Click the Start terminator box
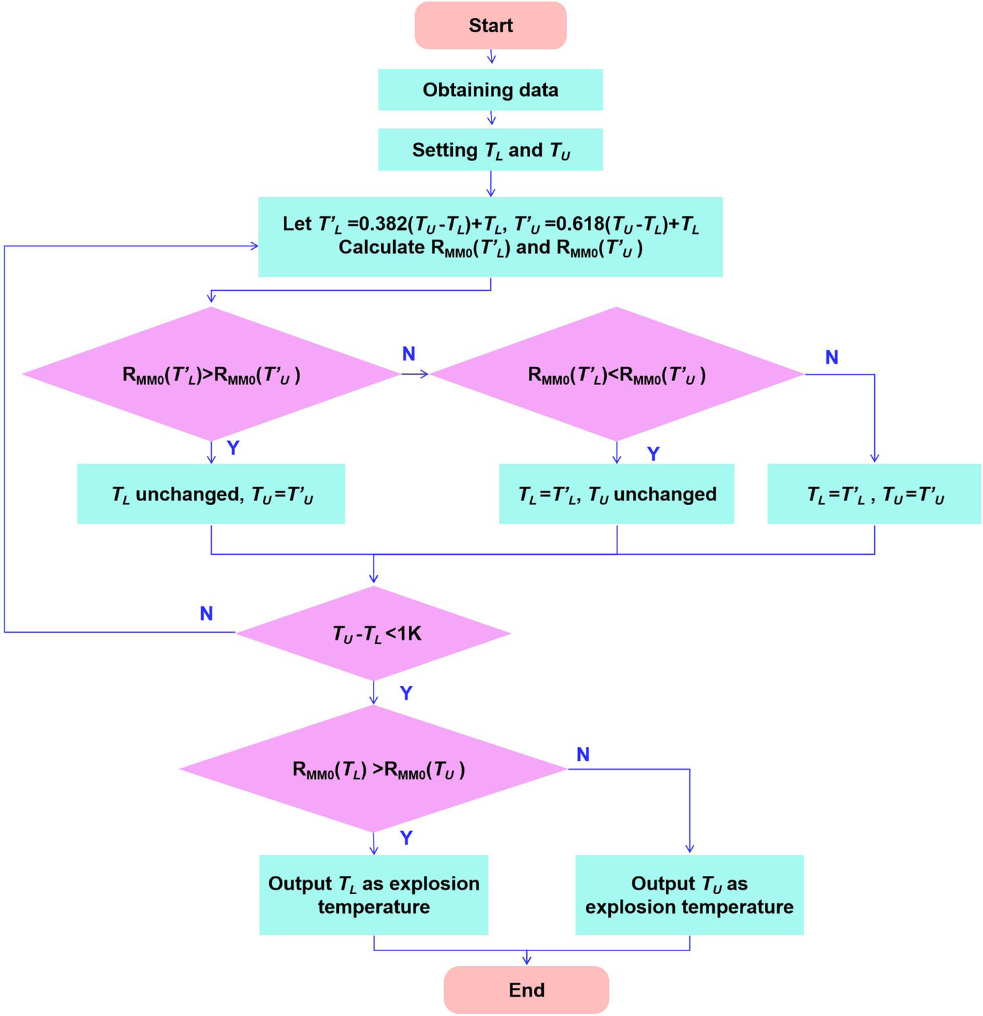(490, 26)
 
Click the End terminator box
(526, 989)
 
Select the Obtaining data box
(490, 90)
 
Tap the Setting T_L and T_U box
(490, 150)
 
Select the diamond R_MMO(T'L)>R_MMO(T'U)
(211, 375)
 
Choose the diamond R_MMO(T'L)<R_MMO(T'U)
(616, 375)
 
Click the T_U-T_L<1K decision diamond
(374, 633)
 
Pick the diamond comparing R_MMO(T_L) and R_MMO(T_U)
(374, 769)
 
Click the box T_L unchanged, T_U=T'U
(211, 494)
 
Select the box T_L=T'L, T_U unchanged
(616, 494)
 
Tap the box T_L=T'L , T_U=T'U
(874, 494)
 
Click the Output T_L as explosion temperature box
(374, 895)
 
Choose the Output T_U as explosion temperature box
(689, 895)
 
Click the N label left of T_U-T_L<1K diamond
(206, 614)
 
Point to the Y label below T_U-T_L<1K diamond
(406, 693)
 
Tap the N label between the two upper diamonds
(408, 354)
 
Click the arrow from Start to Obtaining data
(491, 58)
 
